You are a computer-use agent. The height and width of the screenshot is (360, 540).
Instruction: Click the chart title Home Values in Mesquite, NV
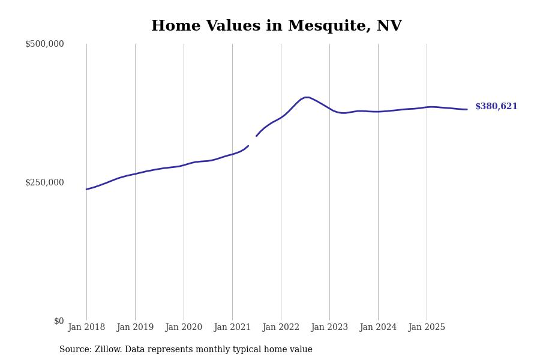click(276, 26)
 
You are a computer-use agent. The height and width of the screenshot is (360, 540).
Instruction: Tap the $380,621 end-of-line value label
click(496, 107)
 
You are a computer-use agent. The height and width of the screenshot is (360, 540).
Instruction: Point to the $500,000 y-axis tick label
click(44, 44)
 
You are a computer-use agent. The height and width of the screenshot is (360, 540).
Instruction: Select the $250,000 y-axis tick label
click(44, 182)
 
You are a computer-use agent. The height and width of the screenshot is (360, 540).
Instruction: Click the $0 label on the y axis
click(59, 321)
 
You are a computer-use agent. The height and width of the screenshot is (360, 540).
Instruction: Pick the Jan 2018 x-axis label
click(86, 328)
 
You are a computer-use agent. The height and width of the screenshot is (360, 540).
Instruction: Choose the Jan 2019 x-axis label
click(135, 328)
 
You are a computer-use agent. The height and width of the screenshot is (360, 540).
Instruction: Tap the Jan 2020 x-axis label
click(184, 328)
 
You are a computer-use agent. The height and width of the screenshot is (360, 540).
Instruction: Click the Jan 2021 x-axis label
click(232, 328)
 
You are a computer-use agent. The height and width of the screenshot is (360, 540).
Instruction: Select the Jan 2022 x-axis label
click(281, 328)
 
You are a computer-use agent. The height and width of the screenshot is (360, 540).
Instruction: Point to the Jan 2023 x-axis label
click(329, 328)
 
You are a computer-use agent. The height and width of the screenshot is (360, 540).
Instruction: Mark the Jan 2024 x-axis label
click(378, 328)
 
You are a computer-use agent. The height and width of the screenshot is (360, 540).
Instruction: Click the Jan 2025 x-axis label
click(427, 328)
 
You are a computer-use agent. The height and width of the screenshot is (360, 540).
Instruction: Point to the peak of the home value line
click(307, 97)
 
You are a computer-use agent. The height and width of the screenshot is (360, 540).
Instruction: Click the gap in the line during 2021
click(253, 141)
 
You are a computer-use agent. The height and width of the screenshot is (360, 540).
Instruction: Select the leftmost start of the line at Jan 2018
click(86, 189)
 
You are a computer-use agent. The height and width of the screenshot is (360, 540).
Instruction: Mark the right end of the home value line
click(467, 109)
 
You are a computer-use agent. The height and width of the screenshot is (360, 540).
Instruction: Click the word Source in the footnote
click(75, 350)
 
